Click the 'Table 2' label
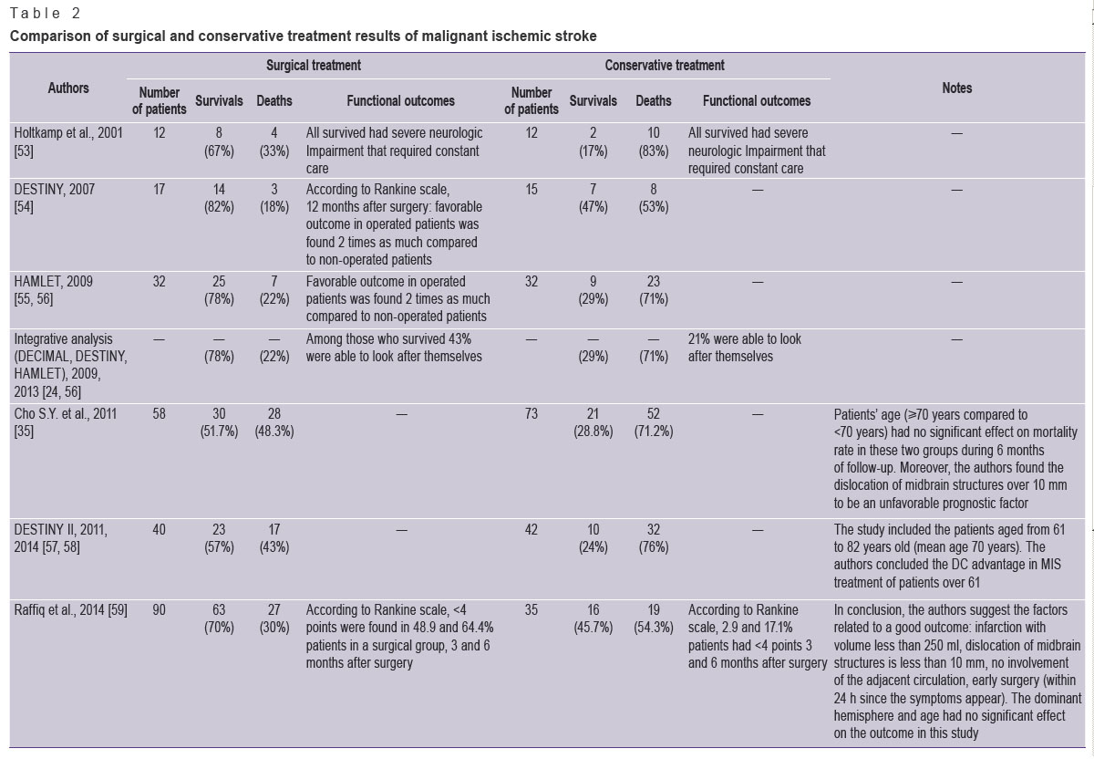(45, 13)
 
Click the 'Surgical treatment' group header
(314, 65)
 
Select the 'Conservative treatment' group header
(665, 65)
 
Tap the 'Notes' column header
(956, 88)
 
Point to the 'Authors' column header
(68, 88)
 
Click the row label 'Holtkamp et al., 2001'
(68, 133)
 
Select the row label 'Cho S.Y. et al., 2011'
(66, 414)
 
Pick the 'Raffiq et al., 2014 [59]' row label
(71, 610)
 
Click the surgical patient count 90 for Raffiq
(160, 610)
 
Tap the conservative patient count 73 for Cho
(532, 414)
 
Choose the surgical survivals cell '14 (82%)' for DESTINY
(219, 198)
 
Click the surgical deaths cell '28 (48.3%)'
(274, 422)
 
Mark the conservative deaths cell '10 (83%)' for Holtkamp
(654, 141)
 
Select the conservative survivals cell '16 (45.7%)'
(593, 619)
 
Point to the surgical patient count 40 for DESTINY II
(160, 530)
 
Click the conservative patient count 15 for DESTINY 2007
(532, 190)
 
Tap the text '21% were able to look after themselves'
(744, 348)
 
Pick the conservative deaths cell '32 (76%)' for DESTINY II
(654, 538)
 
